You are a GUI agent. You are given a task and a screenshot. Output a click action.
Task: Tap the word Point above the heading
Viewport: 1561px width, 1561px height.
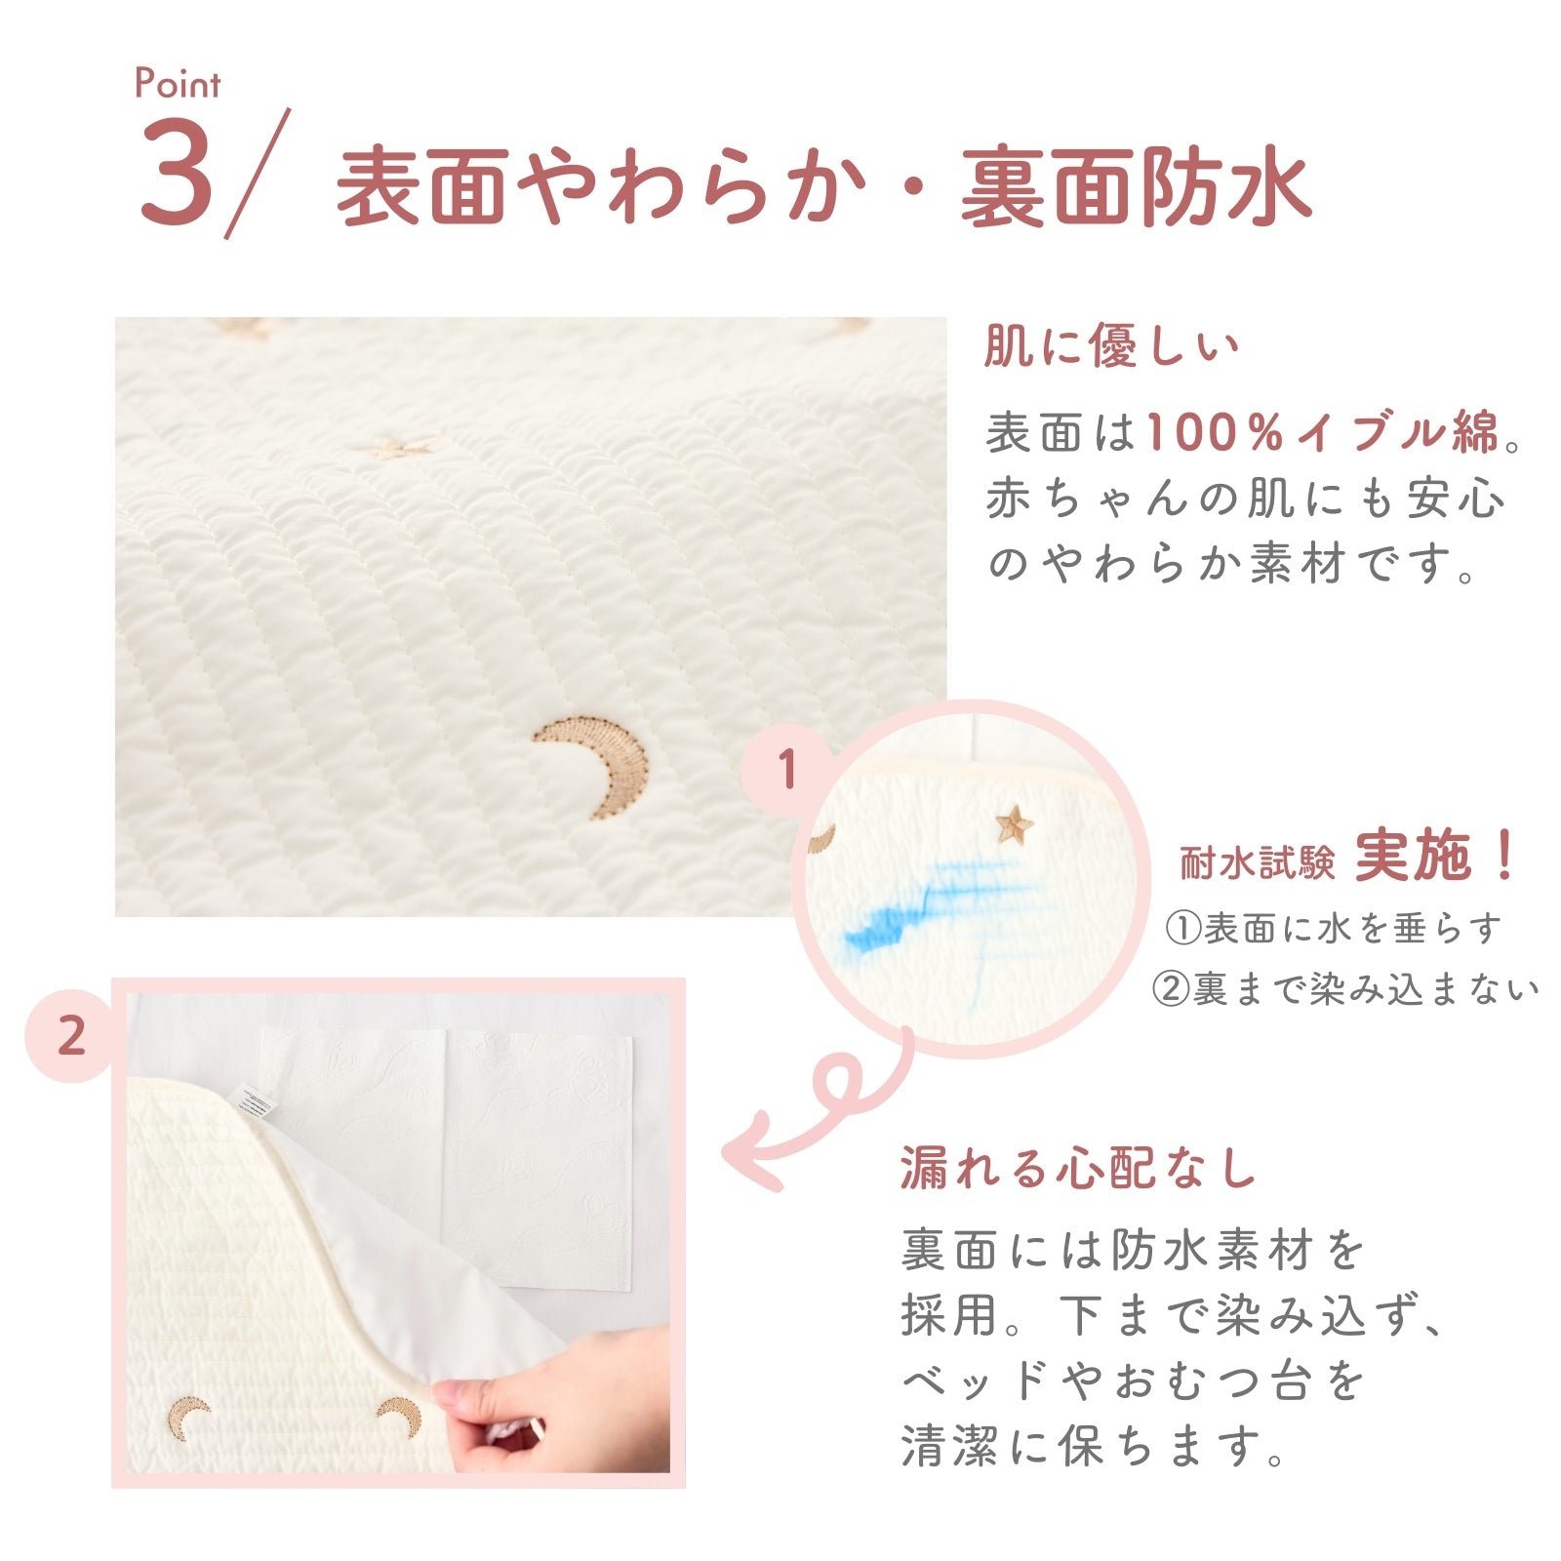coord(178,83)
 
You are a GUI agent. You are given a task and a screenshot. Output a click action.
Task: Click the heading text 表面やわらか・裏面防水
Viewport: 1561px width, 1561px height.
coord(823,185)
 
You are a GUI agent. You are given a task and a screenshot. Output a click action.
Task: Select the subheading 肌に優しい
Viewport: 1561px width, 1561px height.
coord(1111,345)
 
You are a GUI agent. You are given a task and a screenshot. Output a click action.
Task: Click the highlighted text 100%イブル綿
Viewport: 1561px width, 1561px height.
coord(1322,432)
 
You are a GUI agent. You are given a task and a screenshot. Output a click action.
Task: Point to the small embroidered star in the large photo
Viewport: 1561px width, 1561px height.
coord(399,450)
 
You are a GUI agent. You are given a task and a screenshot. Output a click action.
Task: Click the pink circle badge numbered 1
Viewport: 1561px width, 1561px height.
coord(786,770)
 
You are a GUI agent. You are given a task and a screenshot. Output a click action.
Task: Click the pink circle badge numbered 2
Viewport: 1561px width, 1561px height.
coord(71,1036)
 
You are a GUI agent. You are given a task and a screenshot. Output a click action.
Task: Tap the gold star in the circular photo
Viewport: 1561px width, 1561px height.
coord(1014,825)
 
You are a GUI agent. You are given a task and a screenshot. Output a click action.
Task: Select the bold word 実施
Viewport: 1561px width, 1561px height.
coord(1413,856)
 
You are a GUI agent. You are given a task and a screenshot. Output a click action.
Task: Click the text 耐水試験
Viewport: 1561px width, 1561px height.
coord(1257,862)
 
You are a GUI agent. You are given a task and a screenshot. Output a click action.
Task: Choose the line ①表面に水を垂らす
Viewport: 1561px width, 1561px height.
coord(1333,928)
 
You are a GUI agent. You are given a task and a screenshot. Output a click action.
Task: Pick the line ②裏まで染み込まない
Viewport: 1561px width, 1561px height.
coord(1345,989)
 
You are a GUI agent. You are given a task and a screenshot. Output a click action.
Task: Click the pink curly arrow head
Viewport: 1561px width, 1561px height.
coord(751,1154)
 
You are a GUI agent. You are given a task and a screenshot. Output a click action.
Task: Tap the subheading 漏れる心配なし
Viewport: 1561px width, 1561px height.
coord(1078,1168)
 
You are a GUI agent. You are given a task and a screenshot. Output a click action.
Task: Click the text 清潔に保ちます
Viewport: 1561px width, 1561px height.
coord(1093,1446)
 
